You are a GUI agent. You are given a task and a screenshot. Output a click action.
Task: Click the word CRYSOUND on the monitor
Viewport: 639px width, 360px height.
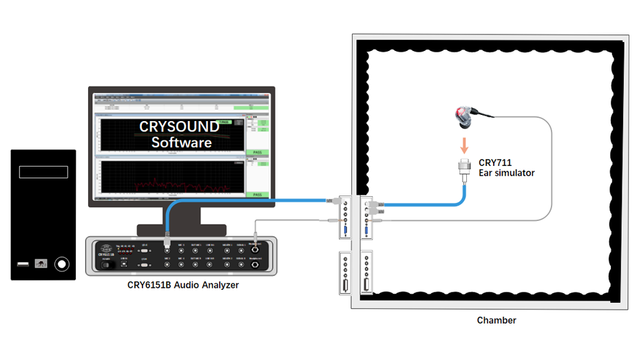tap(179, 127)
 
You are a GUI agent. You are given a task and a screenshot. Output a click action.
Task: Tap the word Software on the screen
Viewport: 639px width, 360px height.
tap(181, 142)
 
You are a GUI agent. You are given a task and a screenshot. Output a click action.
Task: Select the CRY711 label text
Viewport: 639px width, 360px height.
tap(495, 162)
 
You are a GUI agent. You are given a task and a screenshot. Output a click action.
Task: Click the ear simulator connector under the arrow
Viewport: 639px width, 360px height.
tap(465, 168)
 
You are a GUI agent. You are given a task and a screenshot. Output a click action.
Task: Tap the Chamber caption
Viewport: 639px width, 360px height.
tap(496, 320)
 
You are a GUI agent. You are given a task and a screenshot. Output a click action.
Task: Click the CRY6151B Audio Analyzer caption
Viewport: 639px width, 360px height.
tap(183, 285)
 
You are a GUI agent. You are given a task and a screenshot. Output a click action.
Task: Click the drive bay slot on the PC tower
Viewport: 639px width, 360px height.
tap(43, 171)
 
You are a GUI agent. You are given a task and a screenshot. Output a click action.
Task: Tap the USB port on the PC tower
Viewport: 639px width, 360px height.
tap(24, 263)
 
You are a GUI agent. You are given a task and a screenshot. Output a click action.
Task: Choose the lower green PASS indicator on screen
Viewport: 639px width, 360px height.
tap(257, 195)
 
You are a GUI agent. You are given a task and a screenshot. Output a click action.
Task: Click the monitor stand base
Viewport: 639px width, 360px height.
tap(182, 229)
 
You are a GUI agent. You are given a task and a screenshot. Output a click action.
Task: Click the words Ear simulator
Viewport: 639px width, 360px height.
tap(506, 173)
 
